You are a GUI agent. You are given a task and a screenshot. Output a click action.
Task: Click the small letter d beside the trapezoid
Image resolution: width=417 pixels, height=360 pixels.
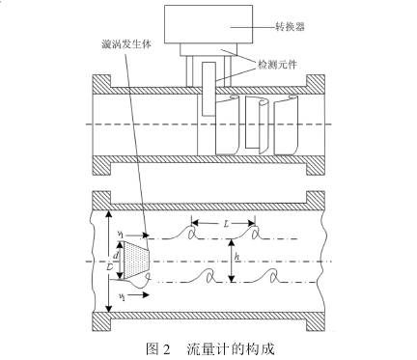119,255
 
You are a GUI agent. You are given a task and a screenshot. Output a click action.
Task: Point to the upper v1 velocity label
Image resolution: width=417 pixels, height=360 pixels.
119,233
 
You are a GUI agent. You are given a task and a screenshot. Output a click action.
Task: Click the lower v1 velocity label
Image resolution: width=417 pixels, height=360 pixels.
119,291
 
